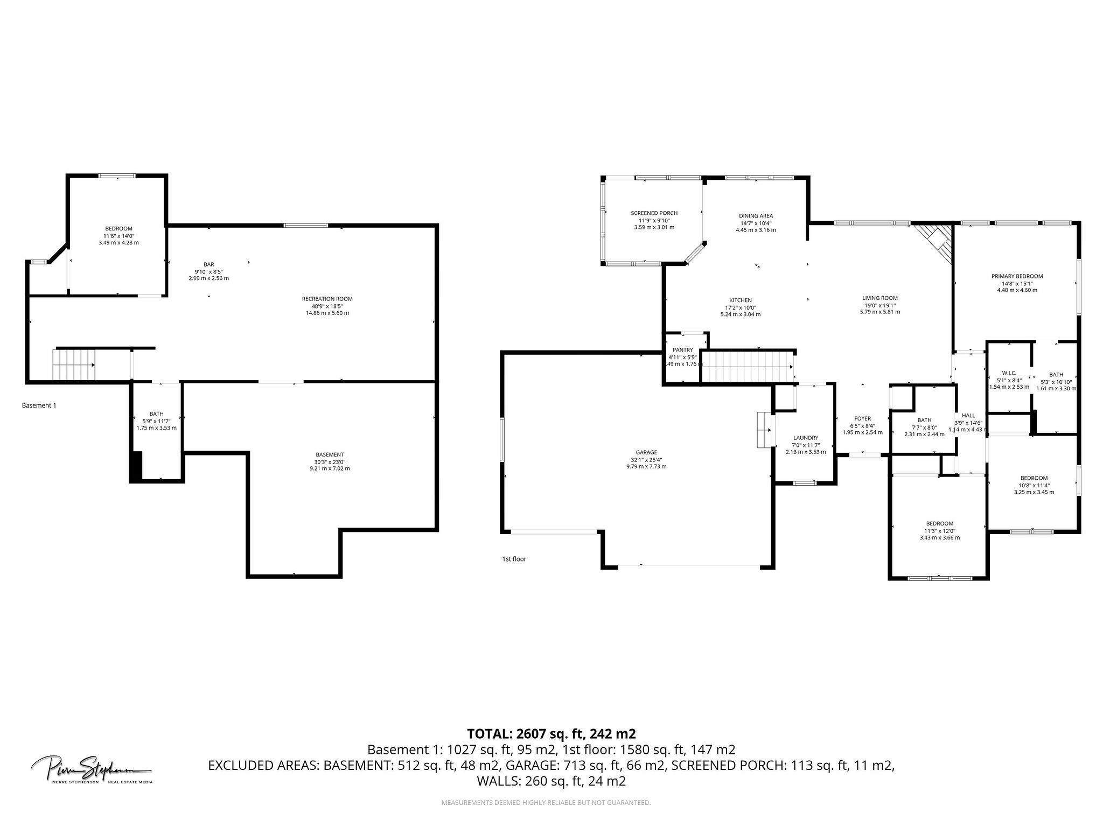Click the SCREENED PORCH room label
click(654, 213)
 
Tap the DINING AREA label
click(756, 216)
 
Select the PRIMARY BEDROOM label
click(1017, 276)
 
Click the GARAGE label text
click(646, 452)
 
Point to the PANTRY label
click(682, 350)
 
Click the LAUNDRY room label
click(806, 438)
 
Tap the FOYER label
click(862, 418)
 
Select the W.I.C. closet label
click(1009, 373)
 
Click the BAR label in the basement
click(208, 264)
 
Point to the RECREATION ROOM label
click(327, 299)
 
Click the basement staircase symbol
click(74, 365)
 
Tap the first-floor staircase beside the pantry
click(747, 367)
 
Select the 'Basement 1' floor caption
click(39, 405)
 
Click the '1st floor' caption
click(514, 559)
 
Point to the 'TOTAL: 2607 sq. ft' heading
click(551, 733)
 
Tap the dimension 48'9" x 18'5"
click(327, 306)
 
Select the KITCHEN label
click(740, 300)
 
